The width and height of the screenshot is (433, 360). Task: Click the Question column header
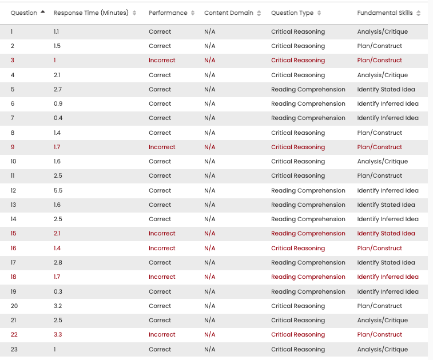23,13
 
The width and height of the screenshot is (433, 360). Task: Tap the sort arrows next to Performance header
193,13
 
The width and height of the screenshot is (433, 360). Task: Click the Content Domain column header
229,13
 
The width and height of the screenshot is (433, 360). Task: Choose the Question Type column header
292,13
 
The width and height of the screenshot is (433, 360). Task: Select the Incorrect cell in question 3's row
162,60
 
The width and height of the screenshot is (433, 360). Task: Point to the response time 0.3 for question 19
57,291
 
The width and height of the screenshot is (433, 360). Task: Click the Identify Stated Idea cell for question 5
386,89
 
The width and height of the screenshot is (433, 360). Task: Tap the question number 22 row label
14,334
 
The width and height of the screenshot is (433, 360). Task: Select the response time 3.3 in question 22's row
58,334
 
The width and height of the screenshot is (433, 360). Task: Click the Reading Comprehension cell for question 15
308,233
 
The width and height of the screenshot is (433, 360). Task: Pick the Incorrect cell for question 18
162,277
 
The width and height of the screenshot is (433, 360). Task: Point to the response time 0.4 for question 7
57,118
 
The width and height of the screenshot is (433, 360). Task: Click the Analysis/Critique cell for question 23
383,349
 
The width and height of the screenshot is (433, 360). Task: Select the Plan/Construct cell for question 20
380,306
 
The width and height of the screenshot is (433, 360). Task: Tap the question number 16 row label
14,248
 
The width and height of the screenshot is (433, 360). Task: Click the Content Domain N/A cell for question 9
210,147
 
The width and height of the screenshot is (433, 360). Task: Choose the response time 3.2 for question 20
58,306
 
